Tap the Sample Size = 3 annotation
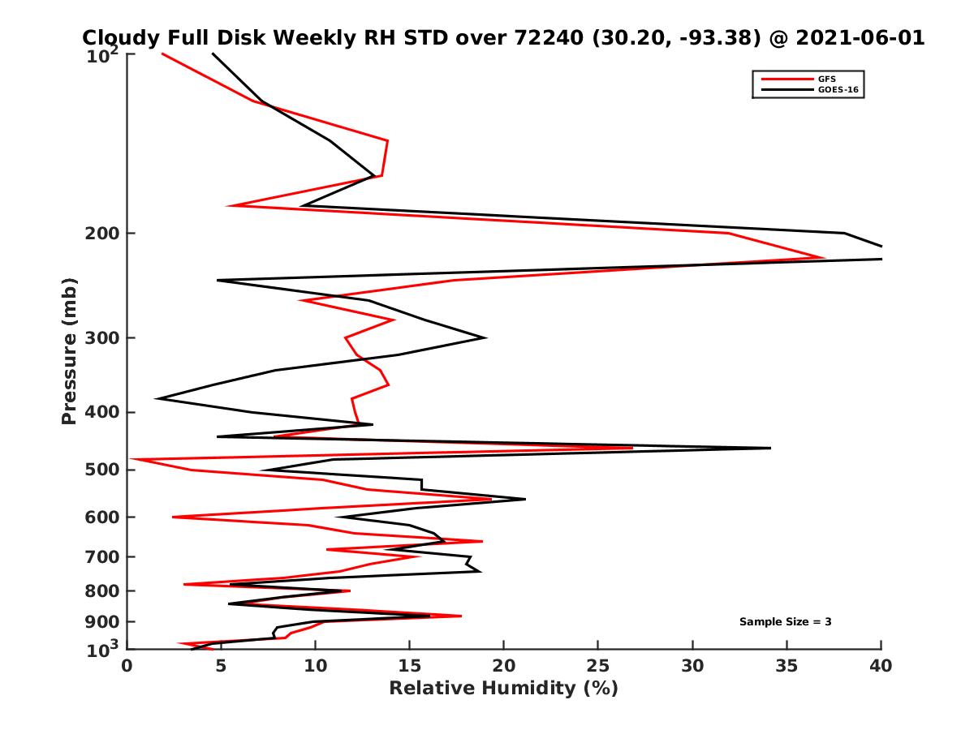tap(785, 622)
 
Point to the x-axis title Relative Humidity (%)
tap(503, 689)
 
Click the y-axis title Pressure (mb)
tap(69, 350)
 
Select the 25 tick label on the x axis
tap(598, 666)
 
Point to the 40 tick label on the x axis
tap(881, 666)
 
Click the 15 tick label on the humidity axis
tap(410, 666)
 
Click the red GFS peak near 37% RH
tap(825, 259)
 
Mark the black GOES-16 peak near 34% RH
tap(769, 448)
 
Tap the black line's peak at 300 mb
tap(485, 337)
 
